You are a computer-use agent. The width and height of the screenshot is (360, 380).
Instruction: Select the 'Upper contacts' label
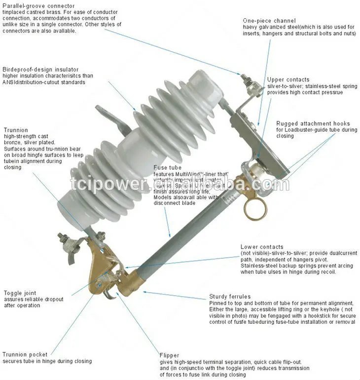(288, 79)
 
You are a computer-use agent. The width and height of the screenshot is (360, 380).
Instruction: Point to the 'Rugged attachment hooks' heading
(313, 123)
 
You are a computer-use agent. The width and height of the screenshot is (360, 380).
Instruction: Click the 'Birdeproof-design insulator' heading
(40, 70)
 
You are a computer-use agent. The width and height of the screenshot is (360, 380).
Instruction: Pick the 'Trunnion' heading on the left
(15, 130)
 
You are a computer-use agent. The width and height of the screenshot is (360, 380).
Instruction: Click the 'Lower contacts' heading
(261, 247)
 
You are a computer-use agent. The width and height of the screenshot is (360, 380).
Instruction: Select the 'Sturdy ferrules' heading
(230, 297)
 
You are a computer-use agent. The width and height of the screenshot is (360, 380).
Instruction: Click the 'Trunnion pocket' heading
(25, 354)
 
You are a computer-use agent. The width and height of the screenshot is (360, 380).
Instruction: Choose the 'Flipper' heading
(169, 355)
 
